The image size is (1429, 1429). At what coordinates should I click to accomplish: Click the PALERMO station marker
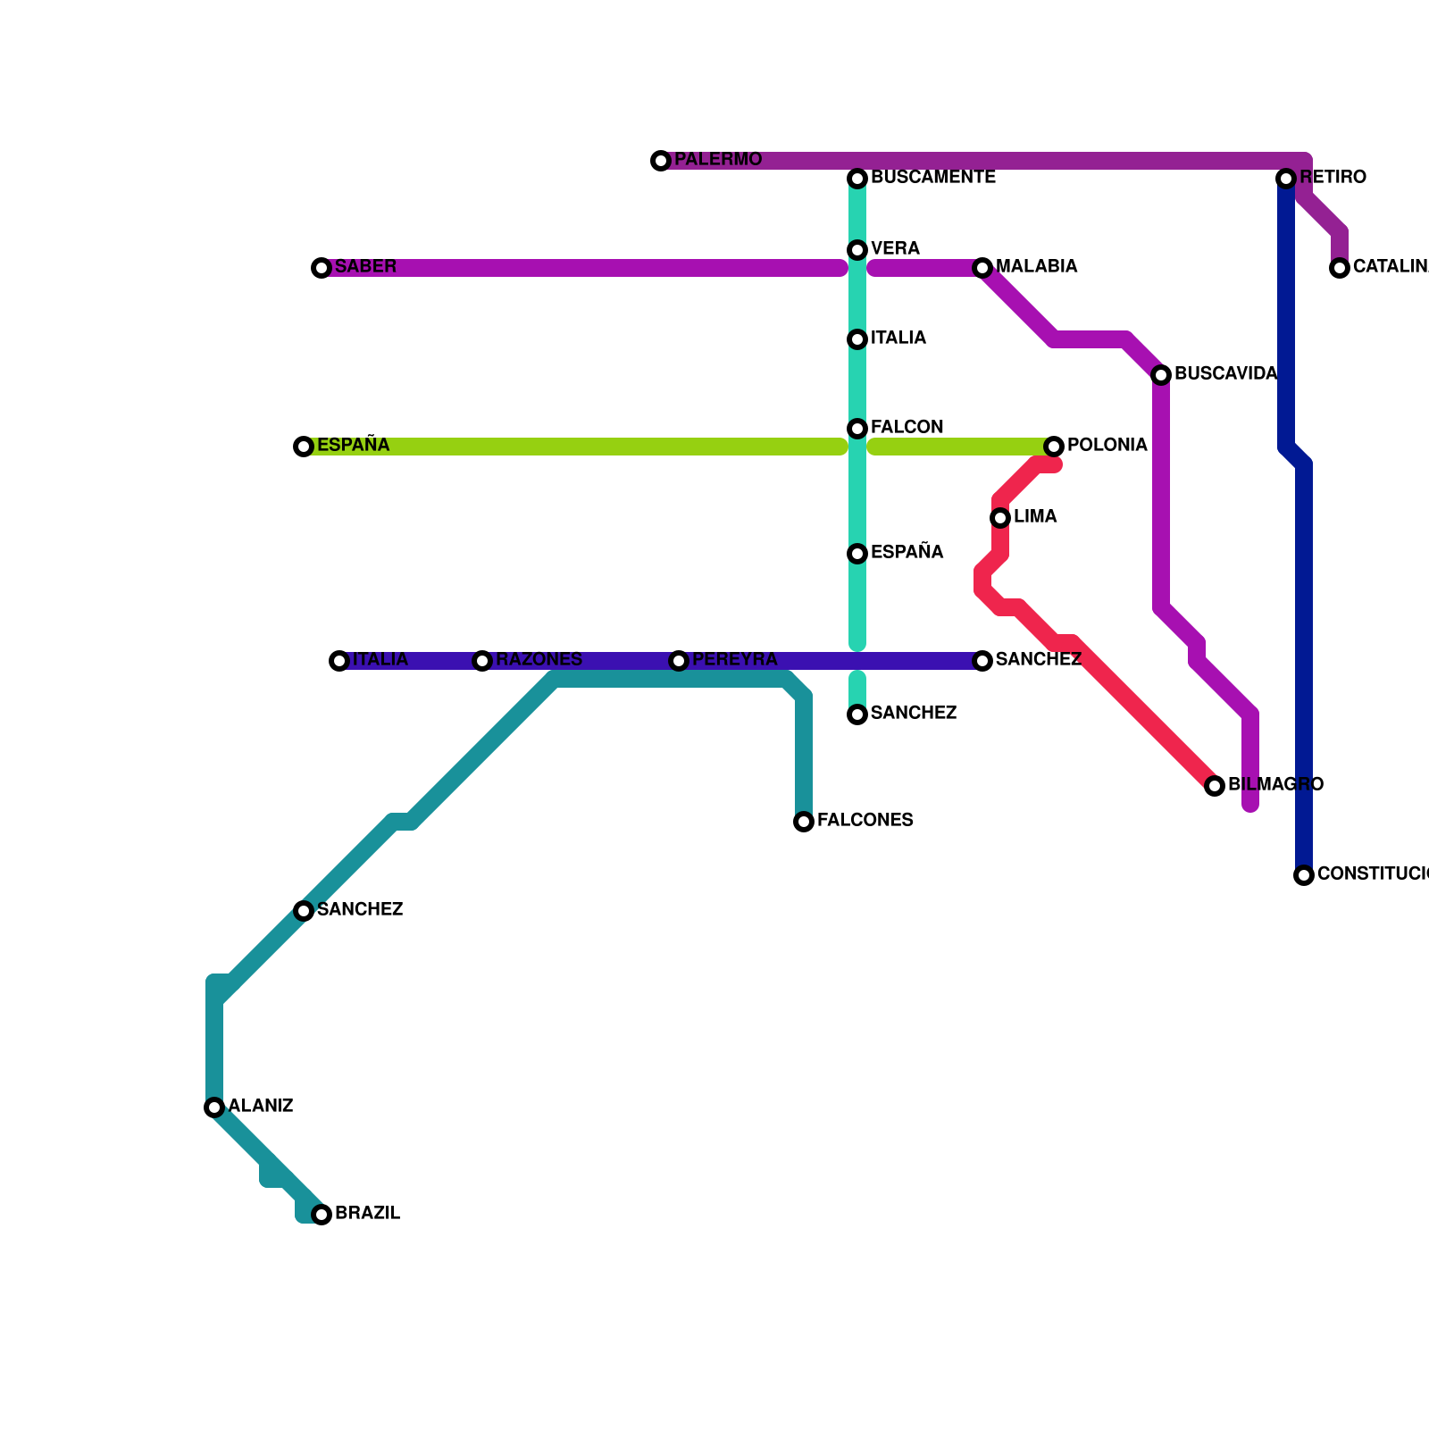click(x=661, y=161)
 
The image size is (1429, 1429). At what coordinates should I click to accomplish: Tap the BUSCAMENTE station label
click(x=932, y=178)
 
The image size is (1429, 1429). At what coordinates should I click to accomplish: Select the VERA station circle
click(x=857, y=250)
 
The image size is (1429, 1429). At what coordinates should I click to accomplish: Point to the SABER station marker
click(x=322, y=268)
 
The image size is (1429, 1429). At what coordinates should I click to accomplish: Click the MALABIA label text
click(x=1036, y=267)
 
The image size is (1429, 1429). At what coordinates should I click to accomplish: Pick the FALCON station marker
click(x=857, y=429)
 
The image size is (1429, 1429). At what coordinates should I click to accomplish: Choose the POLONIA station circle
click(x=1054, y=447)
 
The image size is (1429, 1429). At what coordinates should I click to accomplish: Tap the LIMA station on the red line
click(x=1000, y=518)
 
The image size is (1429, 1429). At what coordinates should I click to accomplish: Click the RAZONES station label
click(x=539, y=660)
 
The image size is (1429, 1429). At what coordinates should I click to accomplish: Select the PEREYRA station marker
click(x=679, y=661)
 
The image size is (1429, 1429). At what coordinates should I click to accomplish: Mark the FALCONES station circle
click(x=804, y=822)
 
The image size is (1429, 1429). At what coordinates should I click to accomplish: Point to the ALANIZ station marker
click(x=214, y=1107)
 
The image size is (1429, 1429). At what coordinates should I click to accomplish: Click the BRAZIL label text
click(x=367, y=1214)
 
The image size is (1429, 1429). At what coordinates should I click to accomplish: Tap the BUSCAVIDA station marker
click(x=1161, y=375)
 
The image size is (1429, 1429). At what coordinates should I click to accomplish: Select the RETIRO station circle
click(x=1286, y=179)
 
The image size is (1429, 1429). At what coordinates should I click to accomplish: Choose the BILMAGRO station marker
click(x=1215, y=786)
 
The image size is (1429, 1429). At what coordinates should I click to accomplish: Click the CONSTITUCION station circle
click(x=1304, y=875)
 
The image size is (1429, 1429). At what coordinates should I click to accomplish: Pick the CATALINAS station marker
click(x=1340, y=268)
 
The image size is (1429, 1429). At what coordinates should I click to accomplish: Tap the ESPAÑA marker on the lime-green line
click(x=304, y=447)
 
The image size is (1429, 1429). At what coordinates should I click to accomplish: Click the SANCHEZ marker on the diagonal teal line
click(x=304, y=911)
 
